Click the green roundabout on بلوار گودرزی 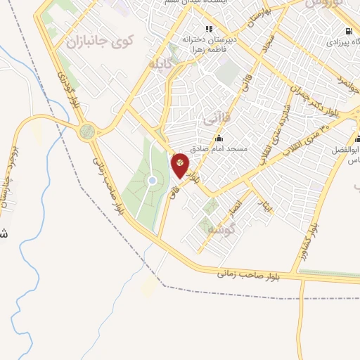pyautogui.click(x=87, y=131)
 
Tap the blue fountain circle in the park pyautogui.click(x=152, y=181)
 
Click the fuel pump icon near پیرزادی pyautogui.click(x=349, y=31)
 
